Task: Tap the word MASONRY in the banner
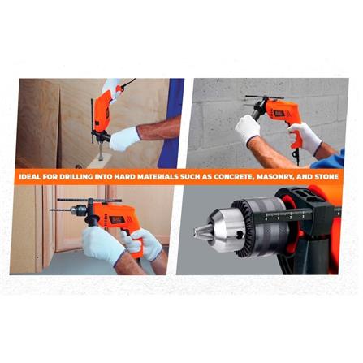point(274,177)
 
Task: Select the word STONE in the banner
point(326,177)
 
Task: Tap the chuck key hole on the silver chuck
point(239,235)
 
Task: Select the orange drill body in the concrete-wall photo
point(280,114)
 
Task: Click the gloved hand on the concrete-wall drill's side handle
point(248,129)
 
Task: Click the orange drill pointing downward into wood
point(103,114)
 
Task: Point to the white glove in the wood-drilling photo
point(124,139)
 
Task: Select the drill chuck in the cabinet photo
point(78,210)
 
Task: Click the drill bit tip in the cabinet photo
point(51,210)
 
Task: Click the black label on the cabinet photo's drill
point(117,219)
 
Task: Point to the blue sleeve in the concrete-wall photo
point(329,160)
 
